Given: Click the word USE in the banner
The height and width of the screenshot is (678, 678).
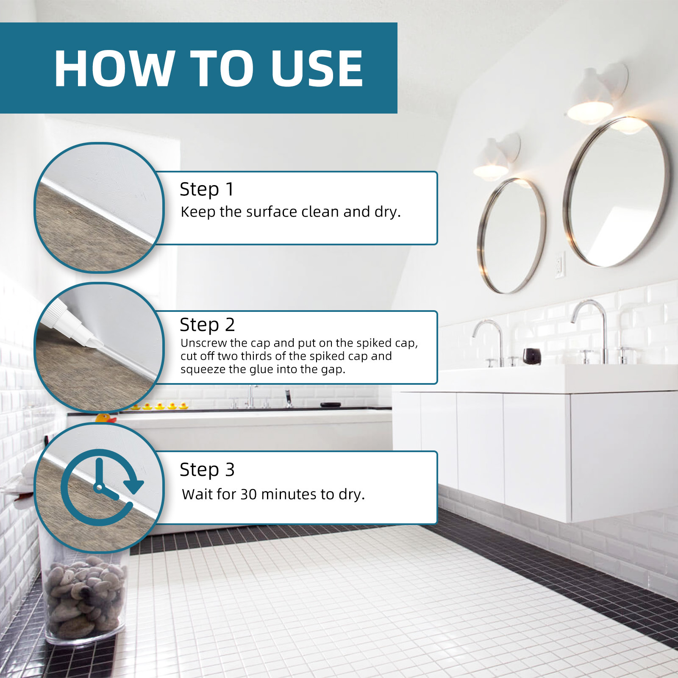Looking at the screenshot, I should [317, 69].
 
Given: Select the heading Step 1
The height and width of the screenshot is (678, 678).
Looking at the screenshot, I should [206, 189].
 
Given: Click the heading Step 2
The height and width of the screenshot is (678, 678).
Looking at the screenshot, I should [207, 325].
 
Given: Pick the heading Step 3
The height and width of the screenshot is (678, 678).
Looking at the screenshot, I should [207, 470].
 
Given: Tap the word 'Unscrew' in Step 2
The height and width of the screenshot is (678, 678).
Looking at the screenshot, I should [202, 343].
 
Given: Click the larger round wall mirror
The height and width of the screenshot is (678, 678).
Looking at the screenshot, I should [617, 193].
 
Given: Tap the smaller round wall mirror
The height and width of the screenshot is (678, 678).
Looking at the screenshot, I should [511, 236].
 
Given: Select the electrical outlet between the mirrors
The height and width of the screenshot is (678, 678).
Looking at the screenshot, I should [560, 265].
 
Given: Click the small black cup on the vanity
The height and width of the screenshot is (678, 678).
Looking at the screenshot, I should [531, 356].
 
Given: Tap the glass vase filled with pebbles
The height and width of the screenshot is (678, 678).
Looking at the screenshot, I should [85, 597].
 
